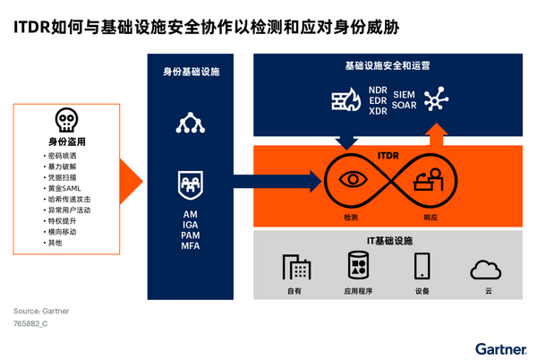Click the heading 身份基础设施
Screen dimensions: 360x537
(x=190, y=71)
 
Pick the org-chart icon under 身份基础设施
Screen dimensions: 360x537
(x=190, y=122)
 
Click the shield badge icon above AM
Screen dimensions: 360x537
(x=190, y=183)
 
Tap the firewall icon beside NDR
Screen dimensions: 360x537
(x=345, y=99)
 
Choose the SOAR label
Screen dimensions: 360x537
(x=406, y=106)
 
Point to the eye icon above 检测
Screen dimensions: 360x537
(x=352, y=177)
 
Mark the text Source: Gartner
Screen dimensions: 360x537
(x=41, y=310)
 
